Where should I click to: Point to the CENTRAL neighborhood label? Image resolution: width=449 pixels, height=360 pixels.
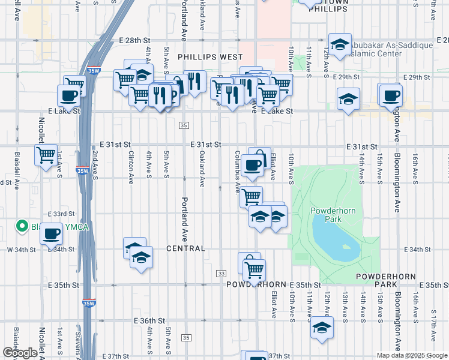pos(186,248)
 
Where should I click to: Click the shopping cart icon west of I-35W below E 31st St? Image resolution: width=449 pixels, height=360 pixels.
pos(46,155)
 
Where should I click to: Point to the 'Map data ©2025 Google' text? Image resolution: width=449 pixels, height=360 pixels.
pos(411,355)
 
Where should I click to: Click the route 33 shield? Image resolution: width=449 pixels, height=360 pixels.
pos(221,274)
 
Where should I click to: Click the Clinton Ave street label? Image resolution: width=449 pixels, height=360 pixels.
pos(131,166)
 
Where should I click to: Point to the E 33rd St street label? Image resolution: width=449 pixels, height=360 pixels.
pos(61,214)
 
